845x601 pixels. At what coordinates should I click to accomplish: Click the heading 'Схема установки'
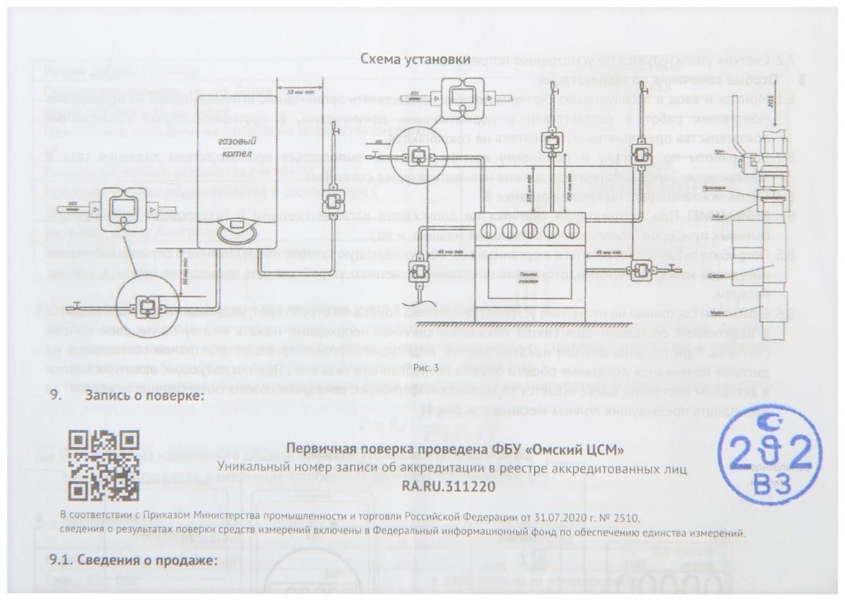tap(415, 59)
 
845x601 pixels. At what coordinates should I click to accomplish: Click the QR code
tap(103, 466)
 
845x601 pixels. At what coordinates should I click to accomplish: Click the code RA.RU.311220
tap(448, 486)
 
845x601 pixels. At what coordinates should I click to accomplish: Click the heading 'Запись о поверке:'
tap(144, 396)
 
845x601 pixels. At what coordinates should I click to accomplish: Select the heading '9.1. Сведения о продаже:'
tap(132, 560)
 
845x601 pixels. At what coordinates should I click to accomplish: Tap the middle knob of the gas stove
tap(530, 230)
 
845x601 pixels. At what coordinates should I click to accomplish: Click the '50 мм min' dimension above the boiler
tap(299, 91)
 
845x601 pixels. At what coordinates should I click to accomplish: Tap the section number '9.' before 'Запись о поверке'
tap(56, 396)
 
